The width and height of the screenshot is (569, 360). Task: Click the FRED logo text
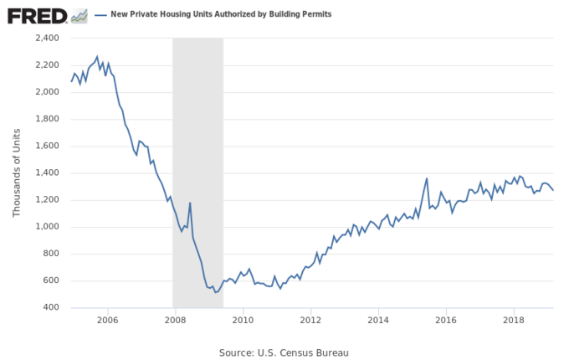click(36, 15)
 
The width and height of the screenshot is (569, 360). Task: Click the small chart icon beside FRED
click(79, 15)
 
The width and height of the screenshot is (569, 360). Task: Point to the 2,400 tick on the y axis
click(48, 39)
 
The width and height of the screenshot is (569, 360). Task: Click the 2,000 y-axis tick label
click(48, 92)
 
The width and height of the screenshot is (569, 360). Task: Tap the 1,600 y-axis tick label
click(48, 147)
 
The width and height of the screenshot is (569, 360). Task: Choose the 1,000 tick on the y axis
click(48, 227)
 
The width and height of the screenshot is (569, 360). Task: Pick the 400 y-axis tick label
click(52, 308)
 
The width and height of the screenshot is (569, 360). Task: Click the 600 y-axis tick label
click(52, 281)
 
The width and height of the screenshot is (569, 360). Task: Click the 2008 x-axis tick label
click(174, 320)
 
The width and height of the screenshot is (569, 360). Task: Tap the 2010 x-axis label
click(243, 320)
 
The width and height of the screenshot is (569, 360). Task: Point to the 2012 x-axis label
click(310, 320)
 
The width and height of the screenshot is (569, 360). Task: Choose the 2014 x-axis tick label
click(379, 320)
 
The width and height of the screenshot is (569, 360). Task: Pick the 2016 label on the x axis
click(447, 320)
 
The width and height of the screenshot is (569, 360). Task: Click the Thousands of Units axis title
click(17, 172)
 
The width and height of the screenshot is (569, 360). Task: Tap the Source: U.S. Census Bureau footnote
click(284, 352)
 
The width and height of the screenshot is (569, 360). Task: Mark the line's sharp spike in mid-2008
click(190, 203)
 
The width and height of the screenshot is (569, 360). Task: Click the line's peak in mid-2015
click(427, 178)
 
